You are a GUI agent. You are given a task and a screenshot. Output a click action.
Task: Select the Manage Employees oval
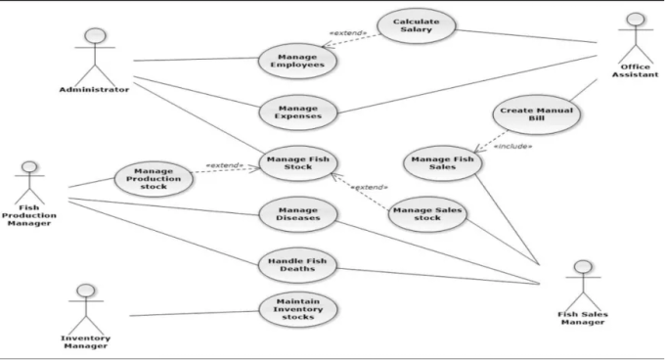(x=299, y=61)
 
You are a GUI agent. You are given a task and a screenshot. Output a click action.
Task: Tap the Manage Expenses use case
(x=298, y=112)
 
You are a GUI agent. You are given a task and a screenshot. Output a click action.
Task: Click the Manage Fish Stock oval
(x=298, y=161)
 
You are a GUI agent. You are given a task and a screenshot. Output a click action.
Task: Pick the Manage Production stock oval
(x=154, y=179)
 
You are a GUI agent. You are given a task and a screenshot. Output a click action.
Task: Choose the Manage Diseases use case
(x=298, y=213)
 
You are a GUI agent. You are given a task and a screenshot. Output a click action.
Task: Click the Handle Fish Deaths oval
(x=298, y=263)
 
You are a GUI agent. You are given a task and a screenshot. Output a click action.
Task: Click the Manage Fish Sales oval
(x=444, y=161)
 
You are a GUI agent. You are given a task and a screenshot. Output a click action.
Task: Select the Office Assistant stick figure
(x=636, y=36)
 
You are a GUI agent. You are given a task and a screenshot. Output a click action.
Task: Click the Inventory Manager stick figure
(x=86, y=306)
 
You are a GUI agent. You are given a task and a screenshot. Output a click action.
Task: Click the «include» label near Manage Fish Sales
(x=512, y=146)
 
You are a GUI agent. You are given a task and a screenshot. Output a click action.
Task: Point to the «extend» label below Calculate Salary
(x=347, y=33)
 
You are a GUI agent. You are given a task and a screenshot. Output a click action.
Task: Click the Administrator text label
(x=94, y=90)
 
